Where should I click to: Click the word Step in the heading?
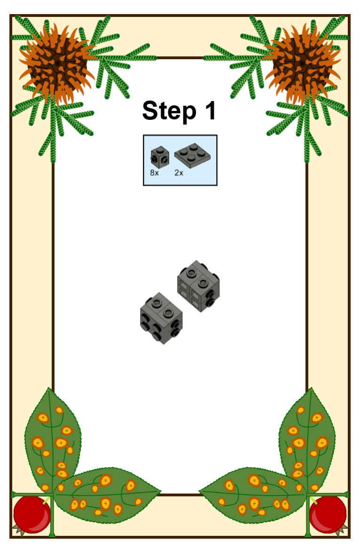pos(169,111)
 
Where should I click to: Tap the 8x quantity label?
pos(155,173)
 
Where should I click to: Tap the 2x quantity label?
pos(179,173)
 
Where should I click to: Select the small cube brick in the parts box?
pos(160,157)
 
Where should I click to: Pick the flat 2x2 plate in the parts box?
pos(192,156)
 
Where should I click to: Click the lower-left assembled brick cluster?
pos(161,318)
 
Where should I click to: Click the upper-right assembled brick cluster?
pos(198,286)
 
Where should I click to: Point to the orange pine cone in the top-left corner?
pos(57,64)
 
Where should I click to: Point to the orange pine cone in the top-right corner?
pos(303,64)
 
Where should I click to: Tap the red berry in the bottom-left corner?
pos(32,515)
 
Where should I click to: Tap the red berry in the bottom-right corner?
pos(328,515)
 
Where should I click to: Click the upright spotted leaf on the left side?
pos(53,440)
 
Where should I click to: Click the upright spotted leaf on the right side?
pos(307,440)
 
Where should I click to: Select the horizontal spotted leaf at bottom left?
pos(107,495)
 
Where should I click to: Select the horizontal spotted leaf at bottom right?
pos(253,495)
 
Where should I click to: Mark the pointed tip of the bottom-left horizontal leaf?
pos(161,492)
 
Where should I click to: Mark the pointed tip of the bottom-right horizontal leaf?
pos(199,492)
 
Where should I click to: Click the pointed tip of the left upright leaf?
pos(48,388)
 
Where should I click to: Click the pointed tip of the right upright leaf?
pos(312,388)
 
